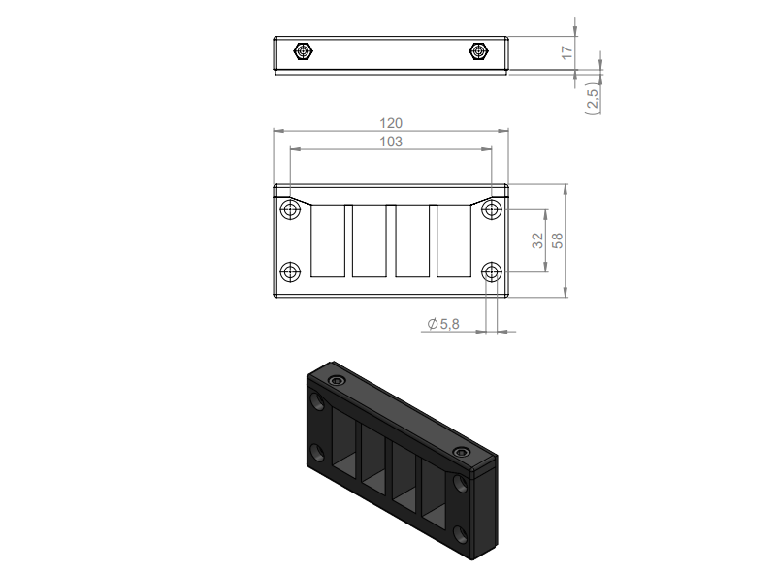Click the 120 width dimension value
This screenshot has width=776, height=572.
click(x=391, y=123)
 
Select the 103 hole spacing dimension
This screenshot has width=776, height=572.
click(x=391, y=142)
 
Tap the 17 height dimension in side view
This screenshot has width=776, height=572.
click(x=567, y=50)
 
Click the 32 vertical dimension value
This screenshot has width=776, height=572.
click(x=537, y=240)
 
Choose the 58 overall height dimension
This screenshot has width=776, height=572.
click(x=558, y=240)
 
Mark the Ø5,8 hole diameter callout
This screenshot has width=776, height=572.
click(x=442, y=325)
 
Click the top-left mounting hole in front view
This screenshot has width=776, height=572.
click(x=289, y=210)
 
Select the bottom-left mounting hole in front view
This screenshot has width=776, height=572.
click(x=289, y=271)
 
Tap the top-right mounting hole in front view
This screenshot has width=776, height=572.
click(x=493, y=210)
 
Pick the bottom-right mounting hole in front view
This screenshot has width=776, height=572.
click(x=493, y=271)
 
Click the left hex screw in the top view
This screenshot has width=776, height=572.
click(x=305, y=50)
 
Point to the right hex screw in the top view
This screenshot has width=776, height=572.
click(x=477, y=50)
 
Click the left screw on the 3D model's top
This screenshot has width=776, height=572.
click(x=337, y=382)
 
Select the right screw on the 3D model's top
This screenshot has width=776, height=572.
click(x=461, y=453)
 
